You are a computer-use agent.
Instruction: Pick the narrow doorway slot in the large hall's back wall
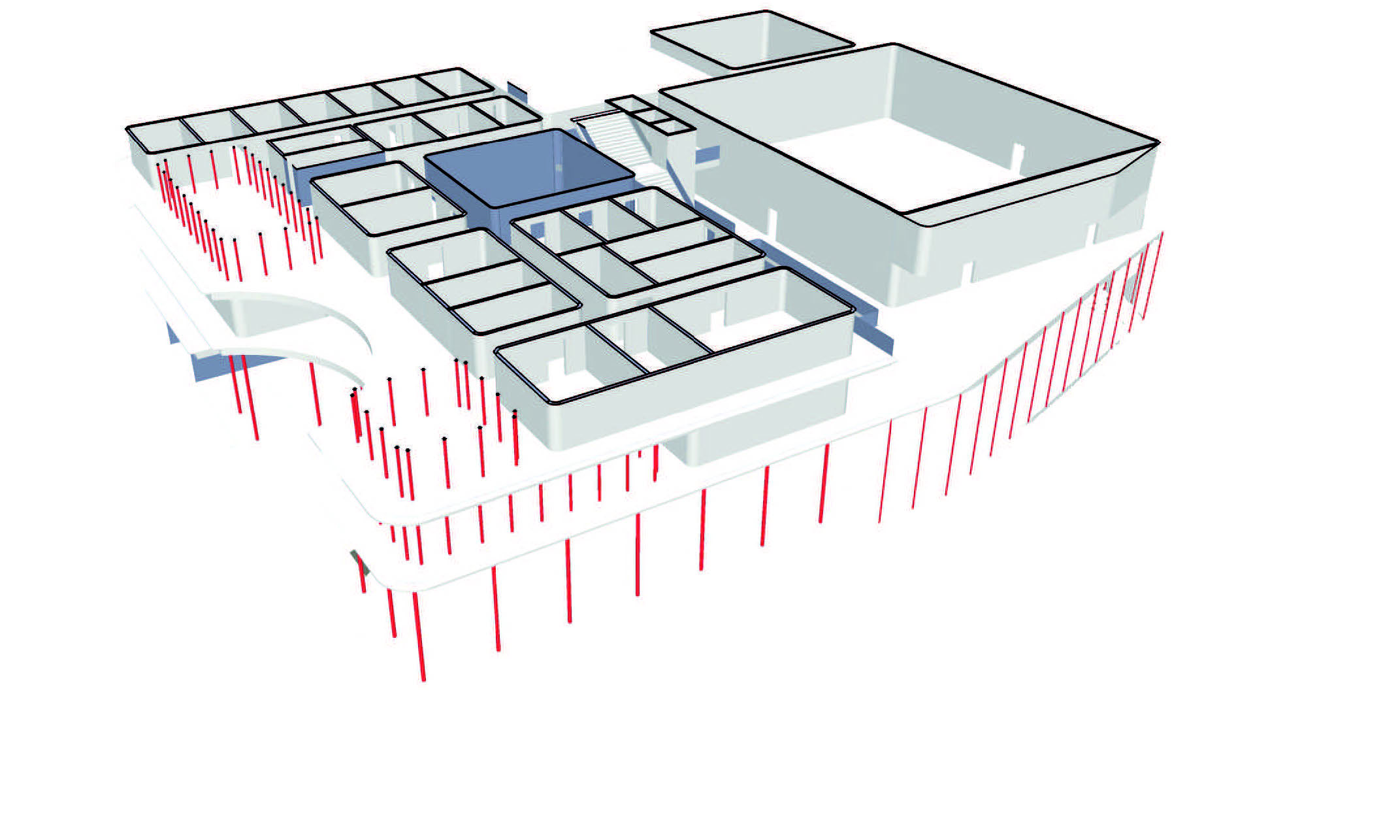[x=1017, y=152]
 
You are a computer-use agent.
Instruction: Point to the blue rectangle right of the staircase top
[x=708, y=154]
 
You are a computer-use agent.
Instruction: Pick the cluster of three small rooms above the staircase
[x=647, y=115]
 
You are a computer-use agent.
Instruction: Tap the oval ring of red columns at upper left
[x=229, y=209]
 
